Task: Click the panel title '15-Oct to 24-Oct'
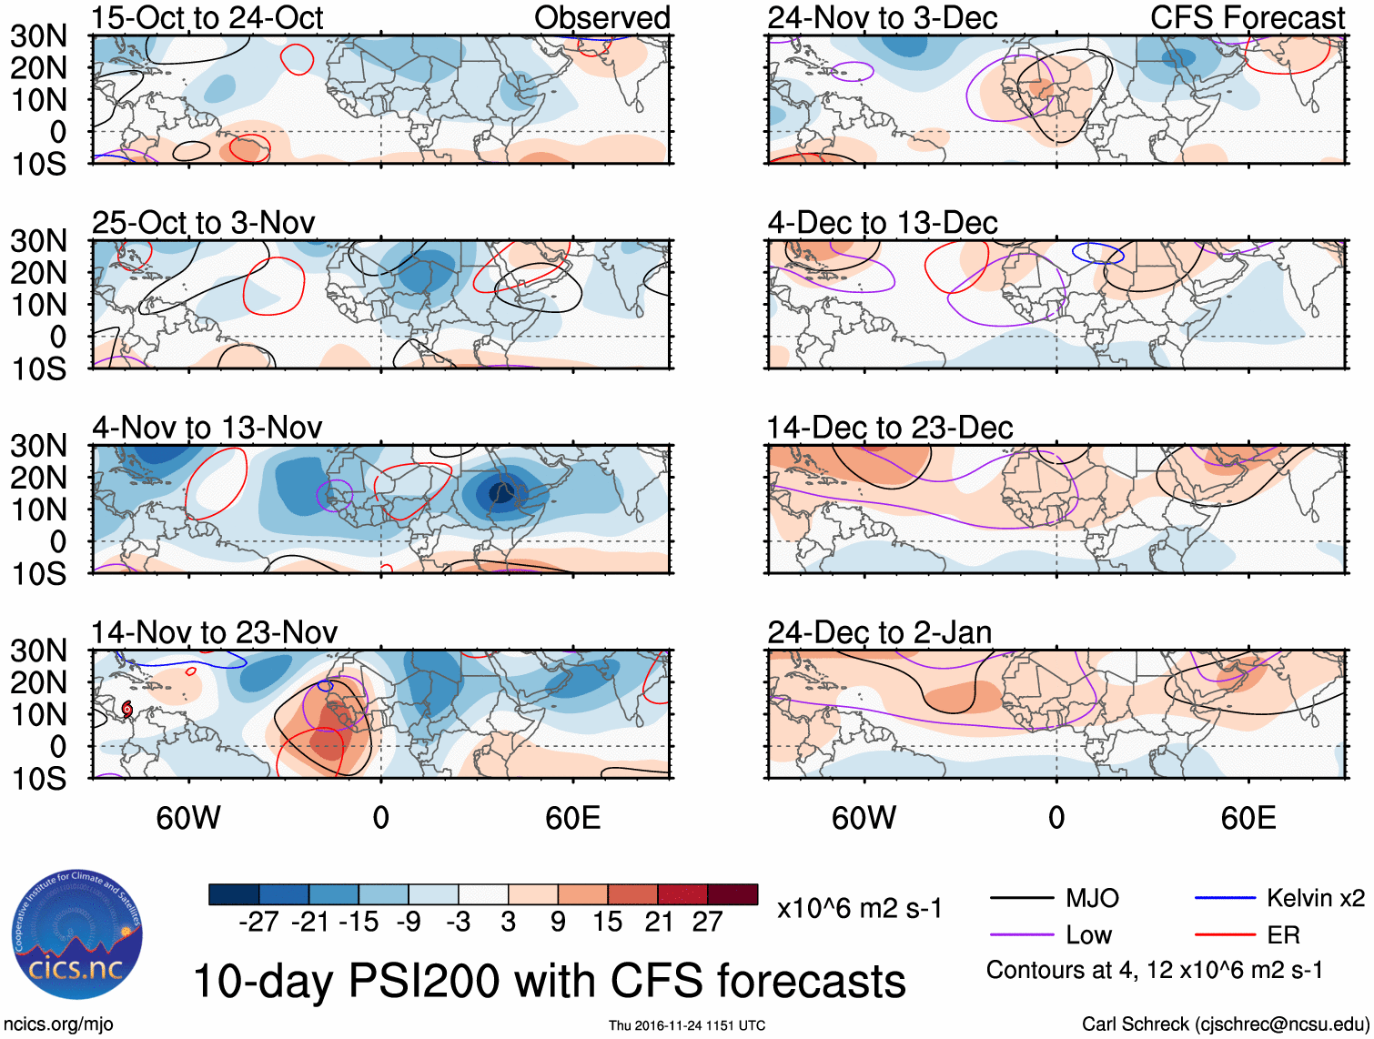[x=207, y=18]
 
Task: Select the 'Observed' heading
[x=601, y=18]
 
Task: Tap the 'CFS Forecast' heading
[x=1247, y=18]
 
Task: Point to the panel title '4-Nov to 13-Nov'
[x=207, y=428]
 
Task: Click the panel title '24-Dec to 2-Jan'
[x=879, y=632]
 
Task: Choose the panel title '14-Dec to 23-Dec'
[x=889, y=428]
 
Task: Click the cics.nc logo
[x=77, y=935]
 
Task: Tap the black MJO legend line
[x=1022, y=899]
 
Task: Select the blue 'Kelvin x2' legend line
[x=1225, y=899]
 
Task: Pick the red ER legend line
[x=1225, y=935]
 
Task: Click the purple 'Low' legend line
[x=1022, y=935]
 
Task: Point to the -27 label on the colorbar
[x=258, y=922]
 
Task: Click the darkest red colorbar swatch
[x=732, y=894]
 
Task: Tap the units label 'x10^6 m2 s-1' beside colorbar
[x=859, y=909]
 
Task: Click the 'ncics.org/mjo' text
[x=58, y=1024]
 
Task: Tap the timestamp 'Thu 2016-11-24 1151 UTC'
[x=687, y=1025]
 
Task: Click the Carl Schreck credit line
[x=1225, y=1024]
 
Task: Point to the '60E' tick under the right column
[x=1248, y=818]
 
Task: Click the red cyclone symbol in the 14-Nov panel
[x=127, y=708]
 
